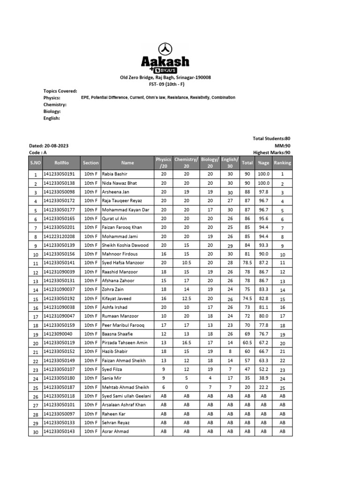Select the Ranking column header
282,163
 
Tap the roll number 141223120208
59,236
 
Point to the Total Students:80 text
271,139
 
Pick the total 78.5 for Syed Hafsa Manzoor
247,263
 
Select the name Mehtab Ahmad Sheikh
125,387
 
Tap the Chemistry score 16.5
186,343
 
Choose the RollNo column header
61,163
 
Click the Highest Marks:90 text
271,152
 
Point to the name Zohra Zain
112,290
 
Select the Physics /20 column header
164,163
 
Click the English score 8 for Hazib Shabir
230,352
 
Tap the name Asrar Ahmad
115,431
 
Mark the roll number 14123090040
58,334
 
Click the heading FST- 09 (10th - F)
165,84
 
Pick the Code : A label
38,152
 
